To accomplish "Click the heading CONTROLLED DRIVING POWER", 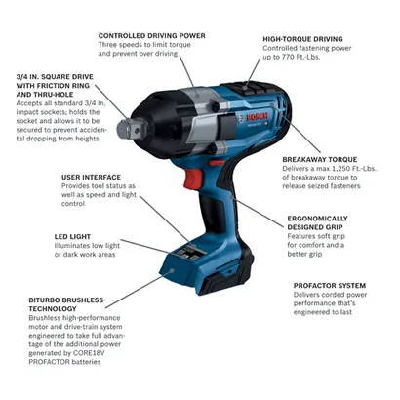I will [x=151, y=35].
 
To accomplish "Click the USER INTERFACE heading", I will [x=90, y=178].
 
